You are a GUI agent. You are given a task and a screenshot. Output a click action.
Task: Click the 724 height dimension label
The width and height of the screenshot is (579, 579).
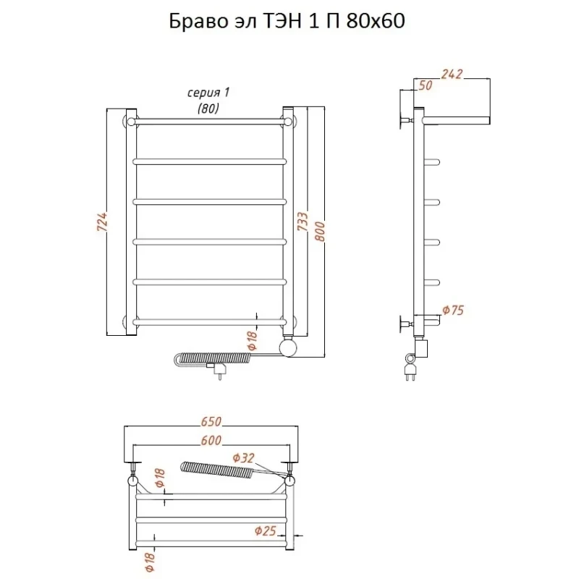(x=102, y=222)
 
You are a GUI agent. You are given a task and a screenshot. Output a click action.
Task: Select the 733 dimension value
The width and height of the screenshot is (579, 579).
(x=303, y=221)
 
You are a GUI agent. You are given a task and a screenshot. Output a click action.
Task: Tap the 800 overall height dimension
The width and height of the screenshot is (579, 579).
(x=320, y=232)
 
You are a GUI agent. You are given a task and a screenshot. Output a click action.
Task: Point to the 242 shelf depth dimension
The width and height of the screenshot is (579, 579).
(x=452, y=75)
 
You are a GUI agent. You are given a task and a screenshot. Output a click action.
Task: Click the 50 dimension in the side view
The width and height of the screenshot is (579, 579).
(x=426, y=85)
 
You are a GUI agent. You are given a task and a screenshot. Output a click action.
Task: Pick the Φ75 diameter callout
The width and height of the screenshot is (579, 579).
(x=453, y=310)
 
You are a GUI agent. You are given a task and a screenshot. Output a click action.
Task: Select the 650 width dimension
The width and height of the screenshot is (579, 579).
(x=211, y=421)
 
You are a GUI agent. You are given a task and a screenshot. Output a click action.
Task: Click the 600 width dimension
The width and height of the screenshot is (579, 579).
(x=211, y=440)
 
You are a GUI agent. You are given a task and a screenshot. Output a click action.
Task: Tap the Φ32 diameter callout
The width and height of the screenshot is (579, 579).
(x=244, y=458)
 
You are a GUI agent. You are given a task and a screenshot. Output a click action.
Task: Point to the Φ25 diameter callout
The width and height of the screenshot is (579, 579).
(x=265, y=531)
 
